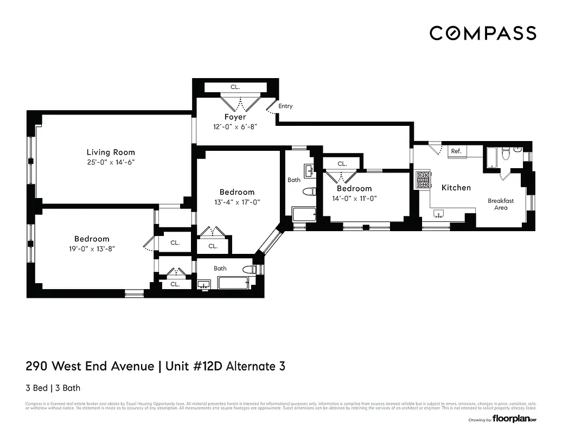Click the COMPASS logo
483,33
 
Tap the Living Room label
111,152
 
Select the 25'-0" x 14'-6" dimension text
111,162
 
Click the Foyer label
235,117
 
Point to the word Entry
285,106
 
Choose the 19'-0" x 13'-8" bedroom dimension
92,248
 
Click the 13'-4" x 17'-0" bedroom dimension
237,202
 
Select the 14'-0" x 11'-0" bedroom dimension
354,198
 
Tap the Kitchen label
456,188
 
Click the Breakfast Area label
500,205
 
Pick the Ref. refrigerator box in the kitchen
457,151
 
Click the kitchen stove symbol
423,180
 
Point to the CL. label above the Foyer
235,87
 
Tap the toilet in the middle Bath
309,192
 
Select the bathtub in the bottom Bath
233,283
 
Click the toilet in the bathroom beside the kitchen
506,155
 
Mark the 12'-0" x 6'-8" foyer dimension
235,126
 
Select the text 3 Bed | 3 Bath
53,388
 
